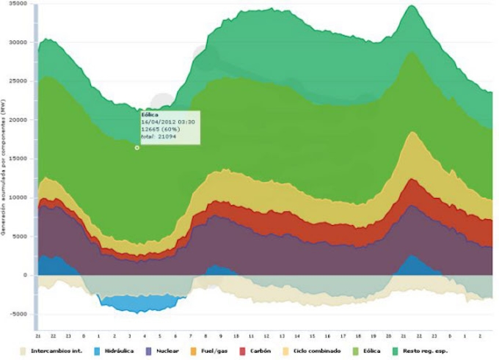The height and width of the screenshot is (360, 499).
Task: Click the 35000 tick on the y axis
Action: [x=18, y=4]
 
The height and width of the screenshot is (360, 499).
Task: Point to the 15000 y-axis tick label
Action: [x=18, y=158]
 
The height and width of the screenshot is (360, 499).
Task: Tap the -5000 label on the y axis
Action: [x=18, y=314]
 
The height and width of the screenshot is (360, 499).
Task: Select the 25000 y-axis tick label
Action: [x=18, y=81]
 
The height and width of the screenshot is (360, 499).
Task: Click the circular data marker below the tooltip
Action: [x=137, y=147]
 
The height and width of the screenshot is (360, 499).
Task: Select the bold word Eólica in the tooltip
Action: [x=150, y=115]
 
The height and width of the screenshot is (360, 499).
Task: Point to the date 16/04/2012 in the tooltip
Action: [x=157, y=121]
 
